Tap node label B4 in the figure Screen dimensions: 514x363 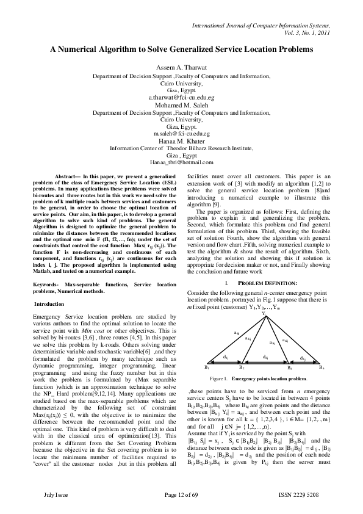click(x=322, y=367)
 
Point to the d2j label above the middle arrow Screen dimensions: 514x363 click(x=266, y=357)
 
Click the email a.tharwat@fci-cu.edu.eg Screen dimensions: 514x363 click(x=181, y=98)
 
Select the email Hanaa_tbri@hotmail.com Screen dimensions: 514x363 click(x=181, y=162)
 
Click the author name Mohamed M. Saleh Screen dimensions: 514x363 click(x=181, y=105)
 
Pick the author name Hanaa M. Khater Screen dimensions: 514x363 click(x=181, y=140)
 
